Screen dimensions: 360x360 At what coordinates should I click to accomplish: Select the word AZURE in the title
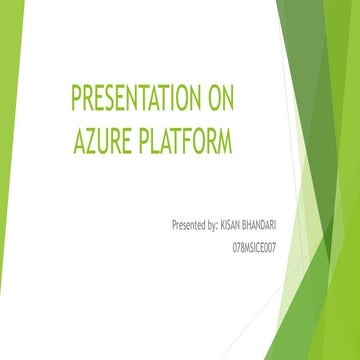(x=100, y=142)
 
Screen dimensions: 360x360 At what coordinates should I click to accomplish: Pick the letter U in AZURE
(x=102, y=142)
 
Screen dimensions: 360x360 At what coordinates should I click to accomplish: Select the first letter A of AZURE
(x=78, y=142)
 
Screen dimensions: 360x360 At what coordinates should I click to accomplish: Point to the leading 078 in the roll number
(x=238, y=244)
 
